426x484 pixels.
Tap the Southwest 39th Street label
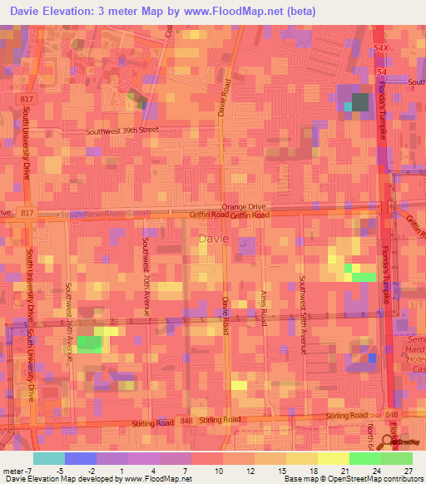121,131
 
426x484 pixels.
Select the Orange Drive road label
243,206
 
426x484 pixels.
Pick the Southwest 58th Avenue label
303,314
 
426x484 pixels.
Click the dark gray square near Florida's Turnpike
359,102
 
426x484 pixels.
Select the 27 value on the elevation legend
409,469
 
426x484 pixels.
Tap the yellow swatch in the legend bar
333,458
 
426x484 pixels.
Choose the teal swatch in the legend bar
48,458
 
